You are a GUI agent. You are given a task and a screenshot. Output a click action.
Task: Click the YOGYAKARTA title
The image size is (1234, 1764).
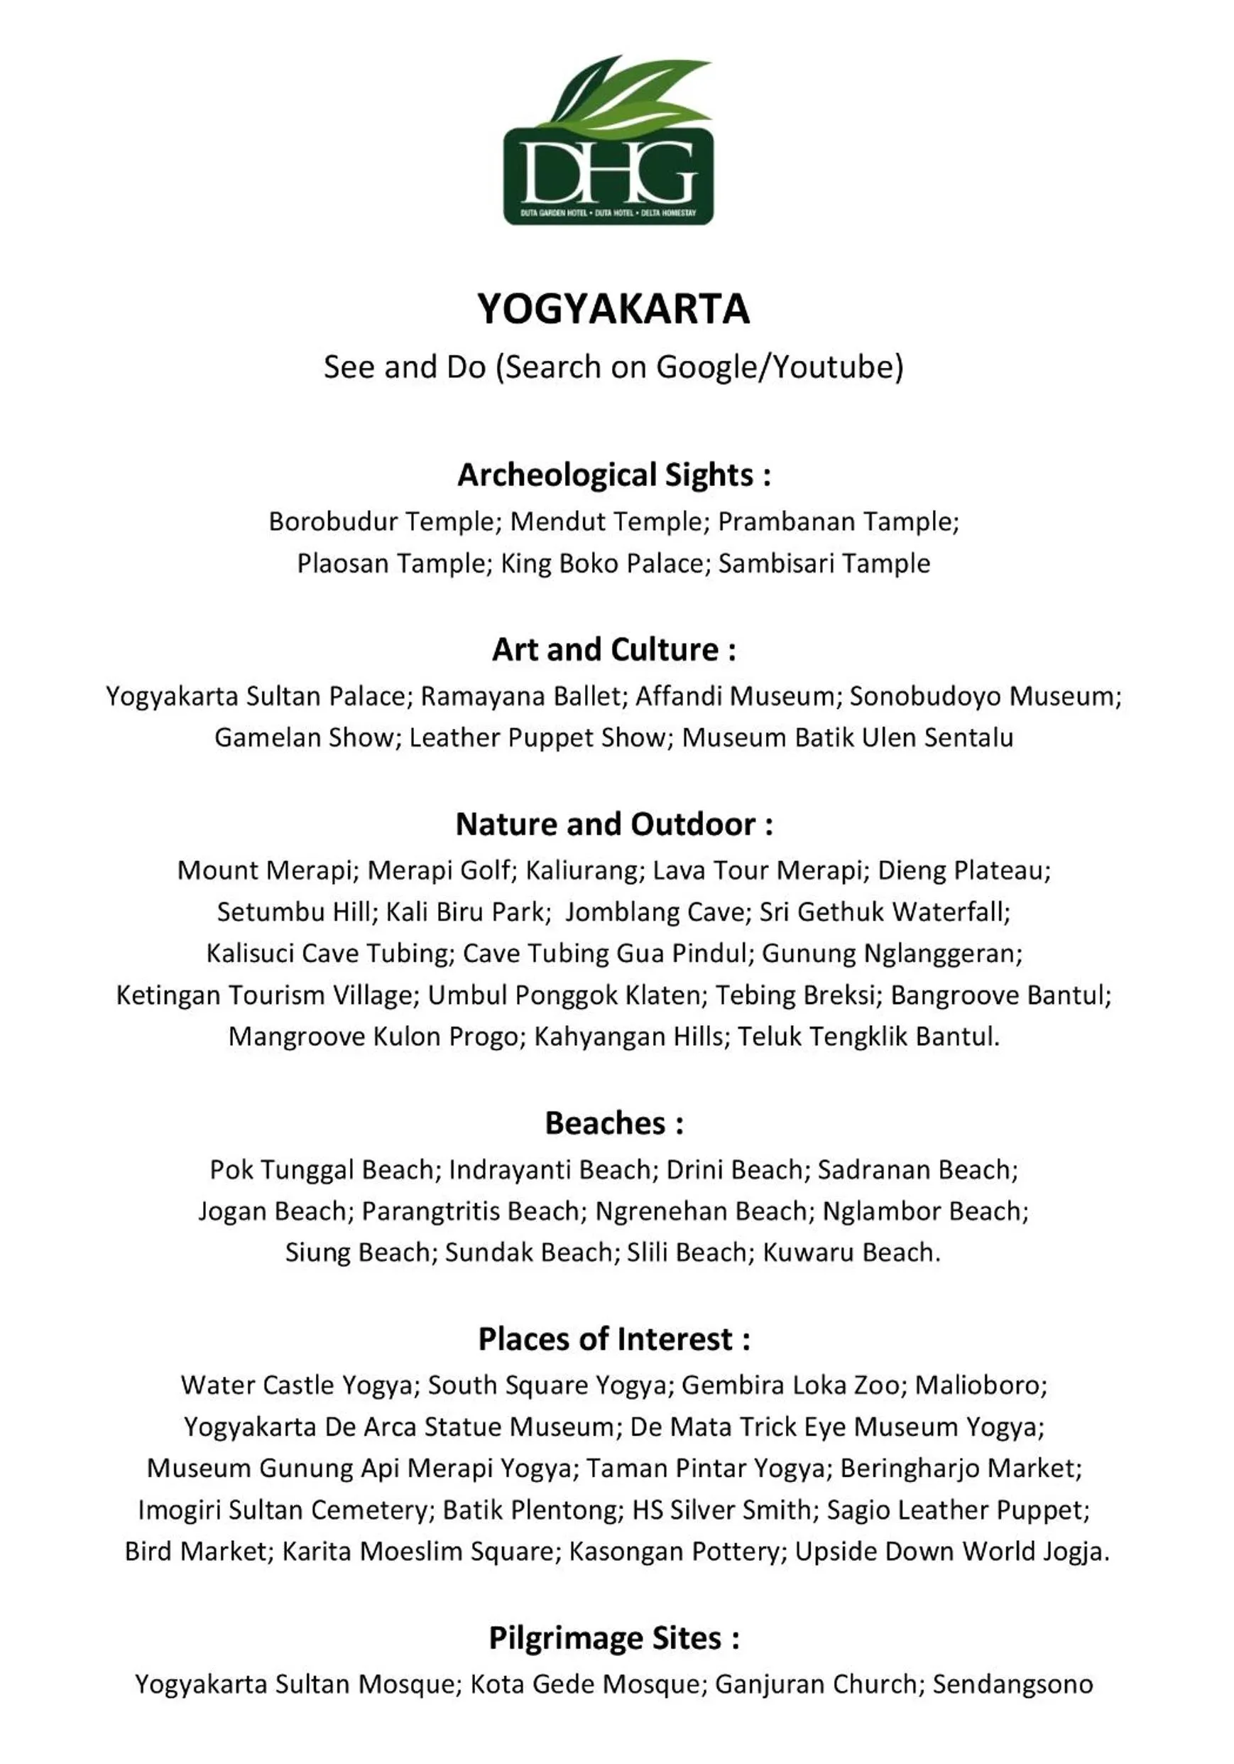tap(613, 309)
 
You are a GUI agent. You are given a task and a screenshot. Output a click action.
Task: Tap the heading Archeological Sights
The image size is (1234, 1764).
tap(613, 475)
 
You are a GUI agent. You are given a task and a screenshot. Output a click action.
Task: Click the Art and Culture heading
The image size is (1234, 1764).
tap(613, 650)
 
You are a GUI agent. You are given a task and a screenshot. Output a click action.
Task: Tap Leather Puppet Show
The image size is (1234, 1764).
tap(537, 737)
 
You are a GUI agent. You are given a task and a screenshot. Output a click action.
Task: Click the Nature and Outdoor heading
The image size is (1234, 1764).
tap(613, 824)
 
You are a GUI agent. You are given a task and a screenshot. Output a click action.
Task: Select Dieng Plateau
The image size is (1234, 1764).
tap(963, 870)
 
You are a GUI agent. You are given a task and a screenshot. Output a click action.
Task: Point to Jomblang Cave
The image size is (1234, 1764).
tap(655, 912)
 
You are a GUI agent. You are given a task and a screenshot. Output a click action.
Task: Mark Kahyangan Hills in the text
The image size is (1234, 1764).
tap(628, 1037)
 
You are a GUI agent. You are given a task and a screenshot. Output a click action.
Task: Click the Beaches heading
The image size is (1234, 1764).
tap(613, 1123)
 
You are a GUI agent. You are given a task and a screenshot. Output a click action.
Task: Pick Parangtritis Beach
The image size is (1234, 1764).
tap(470, 1211)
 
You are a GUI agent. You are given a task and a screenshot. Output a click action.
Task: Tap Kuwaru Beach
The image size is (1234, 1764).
tap(850, 1252)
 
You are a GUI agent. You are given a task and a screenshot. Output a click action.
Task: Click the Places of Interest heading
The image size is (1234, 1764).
tap(613, 1339)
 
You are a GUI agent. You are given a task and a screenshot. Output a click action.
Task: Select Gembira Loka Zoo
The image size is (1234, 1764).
tap(790, 1385)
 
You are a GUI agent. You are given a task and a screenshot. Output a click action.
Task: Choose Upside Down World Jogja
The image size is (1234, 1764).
tap(951, 1551)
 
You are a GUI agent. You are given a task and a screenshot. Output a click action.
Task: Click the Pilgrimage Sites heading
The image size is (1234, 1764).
tap(613, 1638)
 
